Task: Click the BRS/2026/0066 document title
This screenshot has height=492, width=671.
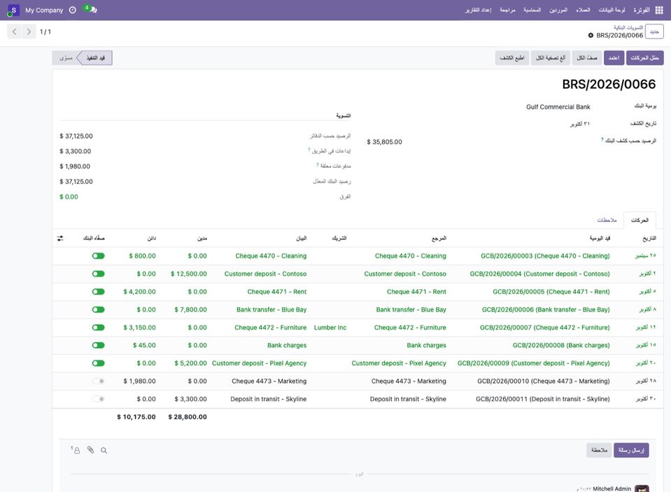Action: tap(609, 85)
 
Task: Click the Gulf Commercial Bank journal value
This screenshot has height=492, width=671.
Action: tap(558, 107)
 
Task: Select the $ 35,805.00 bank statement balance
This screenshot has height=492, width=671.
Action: tap(384, 142)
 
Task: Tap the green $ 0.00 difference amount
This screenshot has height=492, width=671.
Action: tap(69, 197)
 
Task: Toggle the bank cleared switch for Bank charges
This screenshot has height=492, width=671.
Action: tap(99, 345)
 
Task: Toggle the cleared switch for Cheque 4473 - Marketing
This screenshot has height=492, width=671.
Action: tap(99, 381)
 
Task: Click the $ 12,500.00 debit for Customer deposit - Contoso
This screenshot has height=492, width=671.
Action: tap(189, 274)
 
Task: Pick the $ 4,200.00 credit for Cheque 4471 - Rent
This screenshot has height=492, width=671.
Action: tap(139, 292)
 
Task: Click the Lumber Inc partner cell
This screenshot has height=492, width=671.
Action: tap(330, 328)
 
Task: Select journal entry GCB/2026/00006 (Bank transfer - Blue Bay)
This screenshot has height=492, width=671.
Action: tap(546, 309)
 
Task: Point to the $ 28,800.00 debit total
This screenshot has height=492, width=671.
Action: tap(188, 416)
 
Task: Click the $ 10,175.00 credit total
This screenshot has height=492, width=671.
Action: tap(136, 416)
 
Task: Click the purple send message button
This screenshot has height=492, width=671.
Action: tap(631, 450)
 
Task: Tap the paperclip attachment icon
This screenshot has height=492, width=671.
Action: tap(90, 449)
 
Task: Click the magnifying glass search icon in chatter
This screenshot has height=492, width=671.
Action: tap(104, 450)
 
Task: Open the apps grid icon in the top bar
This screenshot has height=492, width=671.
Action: tap(659, 10)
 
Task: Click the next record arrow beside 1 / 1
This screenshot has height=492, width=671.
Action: tap(29, 31)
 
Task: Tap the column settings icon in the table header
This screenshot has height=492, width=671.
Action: tap(60, 238)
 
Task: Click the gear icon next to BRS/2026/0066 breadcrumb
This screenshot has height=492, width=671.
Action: tap(591, 36)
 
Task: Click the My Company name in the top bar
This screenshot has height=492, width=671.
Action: tap(44, 10)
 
